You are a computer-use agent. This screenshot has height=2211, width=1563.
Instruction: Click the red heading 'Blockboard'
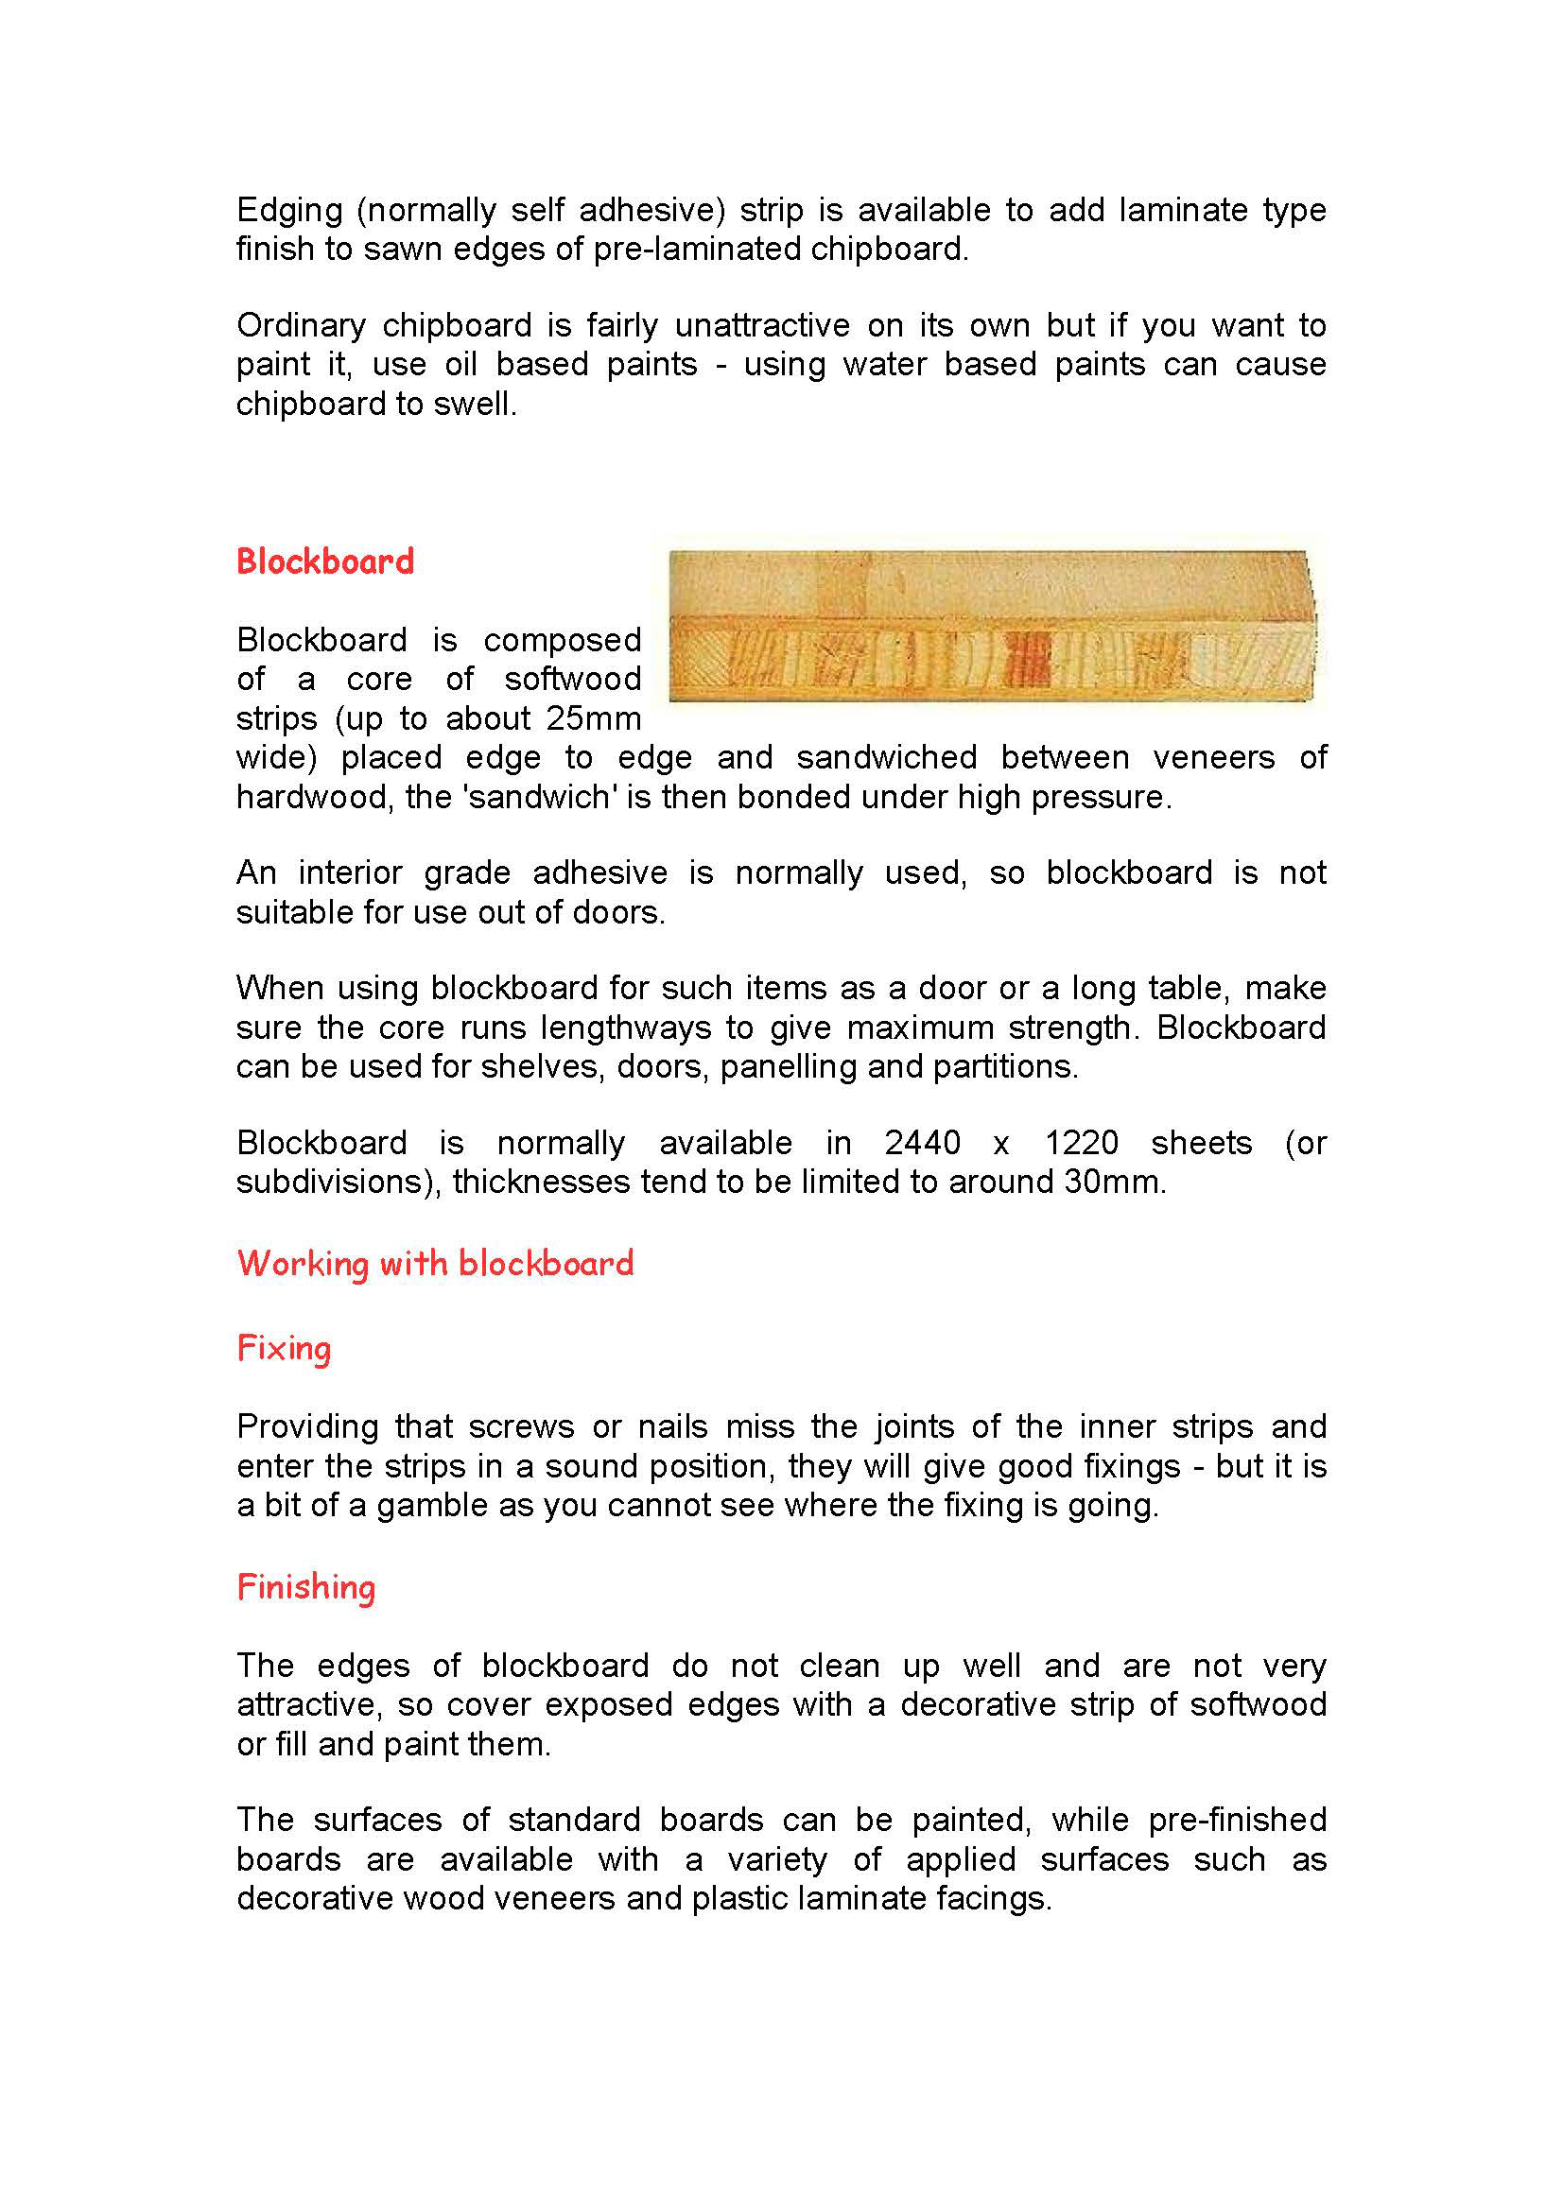click(x=324, y=561)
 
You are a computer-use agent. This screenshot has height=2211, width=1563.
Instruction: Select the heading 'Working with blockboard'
click(x=435, y=1263)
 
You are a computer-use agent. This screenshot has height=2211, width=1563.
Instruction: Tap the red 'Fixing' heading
click(x=284, y=1348)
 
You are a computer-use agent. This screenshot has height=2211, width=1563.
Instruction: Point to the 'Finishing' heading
click(x=306, y=1586)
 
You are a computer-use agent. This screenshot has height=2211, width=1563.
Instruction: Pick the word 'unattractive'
click(x=762, y=325)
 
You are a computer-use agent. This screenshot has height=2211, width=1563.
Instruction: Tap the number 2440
click(x=923, y=1143)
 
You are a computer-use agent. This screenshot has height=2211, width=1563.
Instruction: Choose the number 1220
click(x=1082, y=1143)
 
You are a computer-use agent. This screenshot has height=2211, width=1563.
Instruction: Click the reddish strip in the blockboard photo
click(x=1027, y=660)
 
